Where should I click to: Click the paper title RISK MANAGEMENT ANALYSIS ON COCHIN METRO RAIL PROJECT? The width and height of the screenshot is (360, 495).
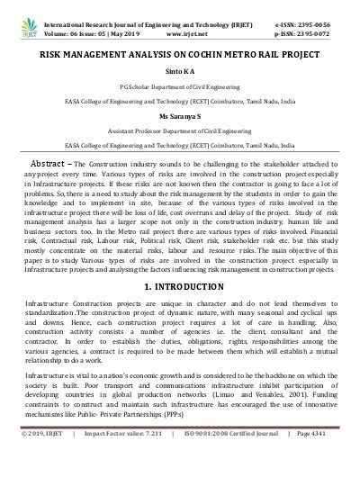(180, 54)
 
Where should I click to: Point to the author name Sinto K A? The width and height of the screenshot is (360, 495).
(180, 71)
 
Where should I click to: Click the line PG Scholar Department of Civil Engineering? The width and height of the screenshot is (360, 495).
(180, 87)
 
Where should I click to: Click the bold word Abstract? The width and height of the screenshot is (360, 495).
(50, 164)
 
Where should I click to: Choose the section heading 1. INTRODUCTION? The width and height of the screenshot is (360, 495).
(180, 285)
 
